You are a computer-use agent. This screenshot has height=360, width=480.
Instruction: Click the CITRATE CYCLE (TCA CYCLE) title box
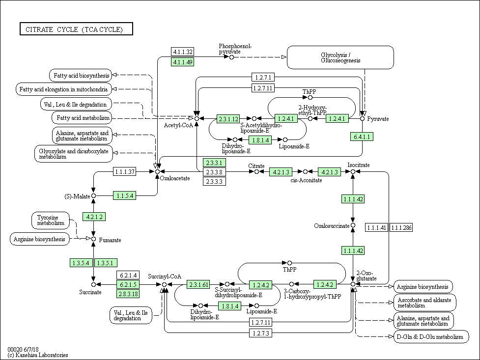coord(77,29)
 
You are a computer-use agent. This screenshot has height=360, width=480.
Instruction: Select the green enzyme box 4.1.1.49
coord(182,62)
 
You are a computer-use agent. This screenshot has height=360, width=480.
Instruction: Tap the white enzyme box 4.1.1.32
coord(182,52)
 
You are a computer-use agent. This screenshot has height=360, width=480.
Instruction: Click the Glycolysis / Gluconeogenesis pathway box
coord(340,57)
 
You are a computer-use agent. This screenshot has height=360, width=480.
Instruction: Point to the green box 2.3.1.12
coord(228,118)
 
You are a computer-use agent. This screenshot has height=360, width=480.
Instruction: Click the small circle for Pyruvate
coord(363,118)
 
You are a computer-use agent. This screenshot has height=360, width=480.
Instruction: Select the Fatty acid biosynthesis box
coord(80,75)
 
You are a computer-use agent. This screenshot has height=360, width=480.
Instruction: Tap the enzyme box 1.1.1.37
coord(125,171)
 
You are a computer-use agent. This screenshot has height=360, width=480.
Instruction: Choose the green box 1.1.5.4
coord(125,195)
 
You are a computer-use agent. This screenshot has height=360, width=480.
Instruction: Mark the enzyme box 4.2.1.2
coord(93,217)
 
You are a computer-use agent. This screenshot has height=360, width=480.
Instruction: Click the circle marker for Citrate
coord(256,171)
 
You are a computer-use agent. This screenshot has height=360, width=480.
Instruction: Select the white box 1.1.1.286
coord(401,227)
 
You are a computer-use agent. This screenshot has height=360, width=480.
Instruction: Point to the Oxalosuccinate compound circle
coord(353,226)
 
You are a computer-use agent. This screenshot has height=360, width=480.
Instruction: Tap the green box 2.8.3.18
coord(128,294)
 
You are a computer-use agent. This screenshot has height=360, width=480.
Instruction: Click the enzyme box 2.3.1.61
coord(198,284)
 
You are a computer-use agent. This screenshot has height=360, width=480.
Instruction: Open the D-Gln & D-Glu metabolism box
coord(429,337)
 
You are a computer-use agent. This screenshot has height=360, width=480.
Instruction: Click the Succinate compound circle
coord(93,284)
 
